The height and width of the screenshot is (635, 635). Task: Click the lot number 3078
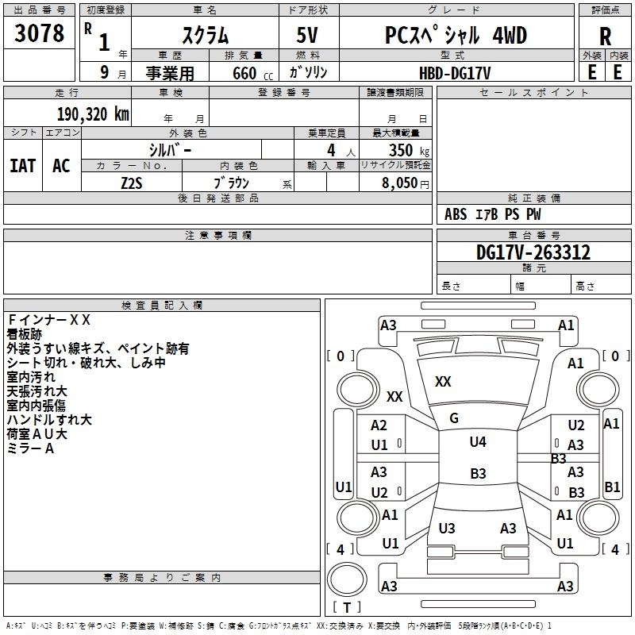[39, 33]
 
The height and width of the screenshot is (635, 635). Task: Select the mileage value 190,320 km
[93, 114]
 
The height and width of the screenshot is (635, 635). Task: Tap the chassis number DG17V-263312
[533, 252]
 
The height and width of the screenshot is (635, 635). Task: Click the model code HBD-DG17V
[455, 73]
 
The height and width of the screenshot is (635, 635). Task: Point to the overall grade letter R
[605, 37]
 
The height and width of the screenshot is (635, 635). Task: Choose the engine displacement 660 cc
[252, 73]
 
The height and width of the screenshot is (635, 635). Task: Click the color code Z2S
[132, 183]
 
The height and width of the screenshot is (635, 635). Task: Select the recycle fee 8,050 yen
[406, 183]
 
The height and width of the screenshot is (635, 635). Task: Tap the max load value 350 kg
[409, 150]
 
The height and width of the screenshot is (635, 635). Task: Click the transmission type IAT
[23, 166]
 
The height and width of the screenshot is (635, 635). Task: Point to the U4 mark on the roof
[478, 441]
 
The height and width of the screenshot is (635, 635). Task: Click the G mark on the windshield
[454, 418]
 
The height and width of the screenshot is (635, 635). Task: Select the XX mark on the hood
[443, 382]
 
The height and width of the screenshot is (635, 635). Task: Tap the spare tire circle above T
[347, 579]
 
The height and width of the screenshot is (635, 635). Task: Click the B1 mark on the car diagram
[612, 487]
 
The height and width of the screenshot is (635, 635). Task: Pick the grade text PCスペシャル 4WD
[456, 35]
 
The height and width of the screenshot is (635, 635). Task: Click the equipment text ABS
[456, 214]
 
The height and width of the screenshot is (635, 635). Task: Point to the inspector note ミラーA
[30, 448]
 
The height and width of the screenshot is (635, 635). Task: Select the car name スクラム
[205, 35]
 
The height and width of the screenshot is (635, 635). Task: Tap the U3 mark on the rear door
[447, 528]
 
